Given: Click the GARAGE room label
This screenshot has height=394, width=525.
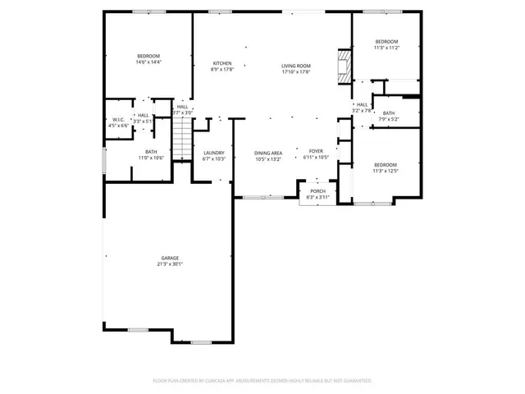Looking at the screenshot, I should [x=170, y=258].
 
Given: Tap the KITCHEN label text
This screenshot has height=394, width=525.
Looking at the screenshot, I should [x=222, y=63].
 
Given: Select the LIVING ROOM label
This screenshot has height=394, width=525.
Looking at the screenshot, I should [x=295, y=65].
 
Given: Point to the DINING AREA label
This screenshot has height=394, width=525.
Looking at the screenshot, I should [x=268, y=152].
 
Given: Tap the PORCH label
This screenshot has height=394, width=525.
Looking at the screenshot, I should [x=317, y=191].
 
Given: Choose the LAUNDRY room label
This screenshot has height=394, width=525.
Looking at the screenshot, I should [x=214, y=152].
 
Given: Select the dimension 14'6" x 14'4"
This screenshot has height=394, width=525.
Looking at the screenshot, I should [x=148, y=62].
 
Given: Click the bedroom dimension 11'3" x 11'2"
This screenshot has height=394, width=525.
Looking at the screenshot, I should [x=386, y=48].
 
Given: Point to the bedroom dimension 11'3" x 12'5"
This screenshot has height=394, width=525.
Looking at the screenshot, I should [x=385, y=171].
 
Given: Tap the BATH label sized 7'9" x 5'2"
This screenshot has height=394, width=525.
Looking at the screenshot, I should [x=388, y=113].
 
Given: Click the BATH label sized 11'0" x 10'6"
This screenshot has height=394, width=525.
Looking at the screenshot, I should [x=151, y=152].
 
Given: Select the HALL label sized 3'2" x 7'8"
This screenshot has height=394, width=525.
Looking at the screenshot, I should [x=362, y=105].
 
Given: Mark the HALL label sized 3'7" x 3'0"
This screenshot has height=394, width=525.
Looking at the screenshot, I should [x=182, y=107].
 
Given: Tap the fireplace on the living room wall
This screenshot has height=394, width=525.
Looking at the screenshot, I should [x=344, y=65].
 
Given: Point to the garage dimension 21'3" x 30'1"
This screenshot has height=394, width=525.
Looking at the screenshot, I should [x=170, y=264].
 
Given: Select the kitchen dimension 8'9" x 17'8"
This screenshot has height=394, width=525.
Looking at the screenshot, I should [x=222, y=71].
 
